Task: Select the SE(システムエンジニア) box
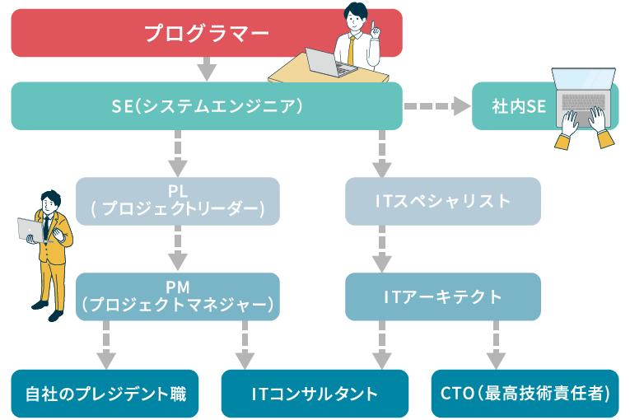tap(206, 105)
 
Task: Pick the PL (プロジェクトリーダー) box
tap(177, 201)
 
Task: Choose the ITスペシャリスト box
tap(443, 201)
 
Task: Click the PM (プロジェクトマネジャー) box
tap(177, 297)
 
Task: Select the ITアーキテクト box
tap(443, 297)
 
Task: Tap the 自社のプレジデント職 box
tap(105, 394)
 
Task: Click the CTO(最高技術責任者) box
tap(525, 394)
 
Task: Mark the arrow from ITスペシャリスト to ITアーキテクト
tap(381, 248)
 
